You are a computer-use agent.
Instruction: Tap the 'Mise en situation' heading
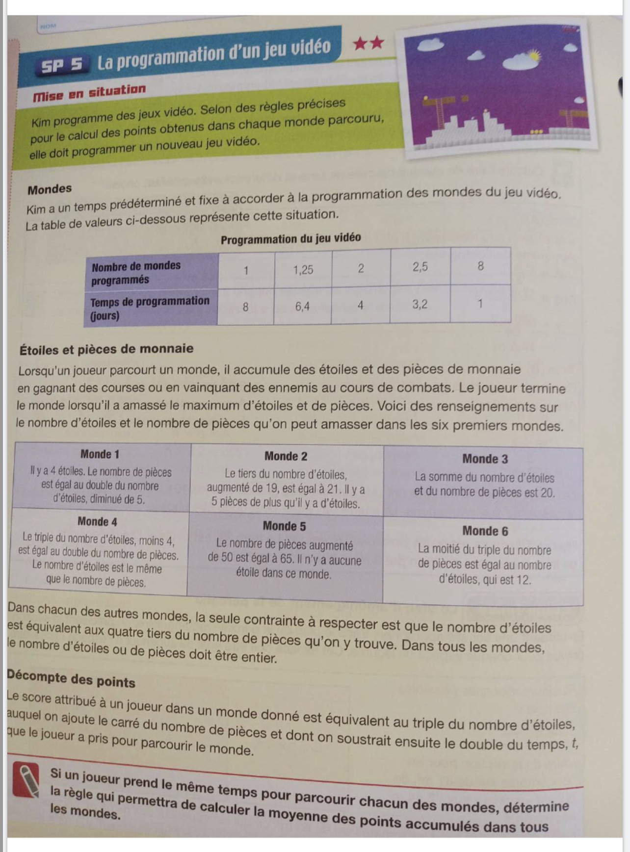(x=89, y=92)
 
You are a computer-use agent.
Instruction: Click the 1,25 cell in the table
(x=303, y=269)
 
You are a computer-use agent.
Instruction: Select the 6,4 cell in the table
(x=302, y=307)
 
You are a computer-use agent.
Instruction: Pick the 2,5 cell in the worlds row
(x=420, y=267)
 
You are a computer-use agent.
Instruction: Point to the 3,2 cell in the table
(x=420, y=304)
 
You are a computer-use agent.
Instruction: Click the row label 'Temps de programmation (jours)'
(x=150, y=308)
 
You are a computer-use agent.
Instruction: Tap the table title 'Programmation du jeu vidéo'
(x=290, y=239)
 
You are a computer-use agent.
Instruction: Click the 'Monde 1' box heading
(x=100, y=454)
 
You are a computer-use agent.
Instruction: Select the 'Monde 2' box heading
(x=286, y=456)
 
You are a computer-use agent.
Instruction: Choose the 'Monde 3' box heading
(x=485, y=459)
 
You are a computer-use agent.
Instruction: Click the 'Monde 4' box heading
(x=97, y=522)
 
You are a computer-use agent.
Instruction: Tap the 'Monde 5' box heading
(x=284, y=526)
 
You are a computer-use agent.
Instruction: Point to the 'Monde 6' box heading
(x=485, y=531)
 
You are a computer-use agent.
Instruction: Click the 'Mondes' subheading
(x=50, y=189)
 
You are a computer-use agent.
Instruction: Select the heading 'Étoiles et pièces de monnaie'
(x=106, y=349)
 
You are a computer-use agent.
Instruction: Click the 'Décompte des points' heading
(x=71, y=679)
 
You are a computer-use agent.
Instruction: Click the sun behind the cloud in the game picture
(x=533, y=56)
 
